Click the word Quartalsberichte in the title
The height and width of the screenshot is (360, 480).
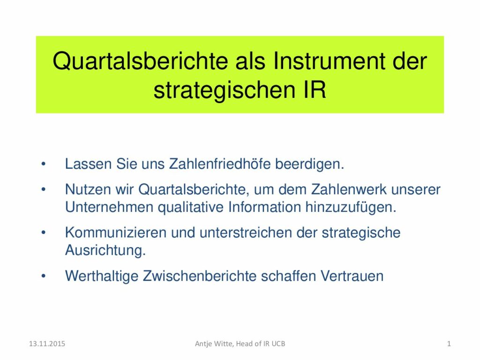tap(141, 61)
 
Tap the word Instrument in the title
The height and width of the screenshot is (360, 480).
tap(329, 60)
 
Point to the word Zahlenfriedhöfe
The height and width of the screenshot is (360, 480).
tap(220, 164)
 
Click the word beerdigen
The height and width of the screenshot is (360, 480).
tap(309, 164)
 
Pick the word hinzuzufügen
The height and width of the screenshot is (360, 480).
tap(351, 208)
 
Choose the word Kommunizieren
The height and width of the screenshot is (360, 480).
tap(116, 232)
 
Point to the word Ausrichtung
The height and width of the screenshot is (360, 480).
tap(105, 250)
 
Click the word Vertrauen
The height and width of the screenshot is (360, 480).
tap(352, 276)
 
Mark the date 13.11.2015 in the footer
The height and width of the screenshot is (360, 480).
tap(47, 344)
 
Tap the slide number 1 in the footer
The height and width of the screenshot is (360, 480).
tap(449, 344)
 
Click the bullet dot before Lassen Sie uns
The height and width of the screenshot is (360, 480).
tap(44, 164)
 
